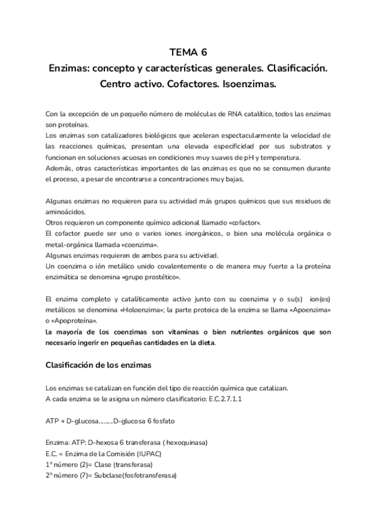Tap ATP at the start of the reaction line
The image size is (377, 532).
pos(53,420)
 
